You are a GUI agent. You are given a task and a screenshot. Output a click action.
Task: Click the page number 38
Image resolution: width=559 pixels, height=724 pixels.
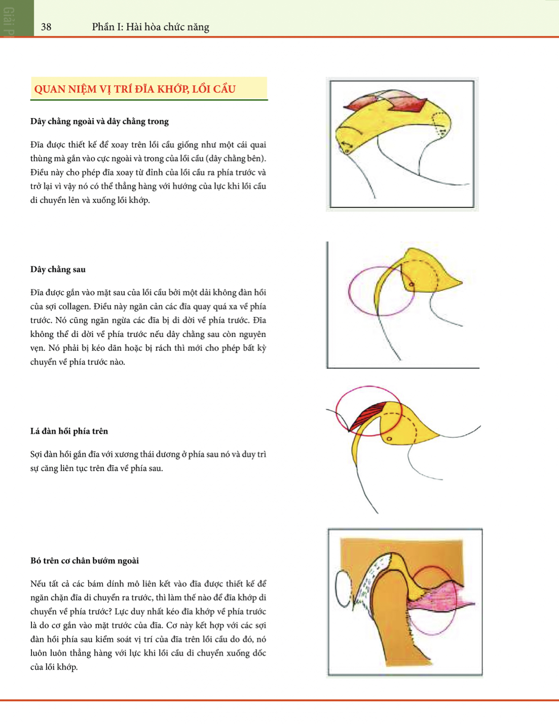(x=46, y=27)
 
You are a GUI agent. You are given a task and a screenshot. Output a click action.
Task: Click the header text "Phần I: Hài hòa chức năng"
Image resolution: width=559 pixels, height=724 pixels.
(x=151, y=27)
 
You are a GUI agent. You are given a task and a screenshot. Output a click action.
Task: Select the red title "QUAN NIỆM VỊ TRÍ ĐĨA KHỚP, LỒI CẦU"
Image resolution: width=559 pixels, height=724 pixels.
(x=135, y=89)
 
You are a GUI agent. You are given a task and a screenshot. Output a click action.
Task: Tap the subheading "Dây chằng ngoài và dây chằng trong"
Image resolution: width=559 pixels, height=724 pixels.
(x=99, y=121)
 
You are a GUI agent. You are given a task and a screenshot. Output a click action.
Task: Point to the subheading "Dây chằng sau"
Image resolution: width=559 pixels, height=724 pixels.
(x=58, y=269)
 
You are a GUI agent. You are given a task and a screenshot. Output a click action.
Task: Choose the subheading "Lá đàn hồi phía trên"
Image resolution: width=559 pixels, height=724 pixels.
(x=69, y=431)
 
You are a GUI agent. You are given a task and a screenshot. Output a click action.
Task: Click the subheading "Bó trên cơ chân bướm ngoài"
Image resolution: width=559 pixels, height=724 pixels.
(x=85, y=561)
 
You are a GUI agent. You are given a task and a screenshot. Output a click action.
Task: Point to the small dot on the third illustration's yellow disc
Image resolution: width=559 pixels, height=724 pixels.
(x=389, y=438)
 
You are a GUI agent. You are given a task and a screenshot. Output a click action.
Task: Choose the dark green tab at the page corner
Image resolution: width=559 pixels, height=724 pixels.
(x=17, y=18)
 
